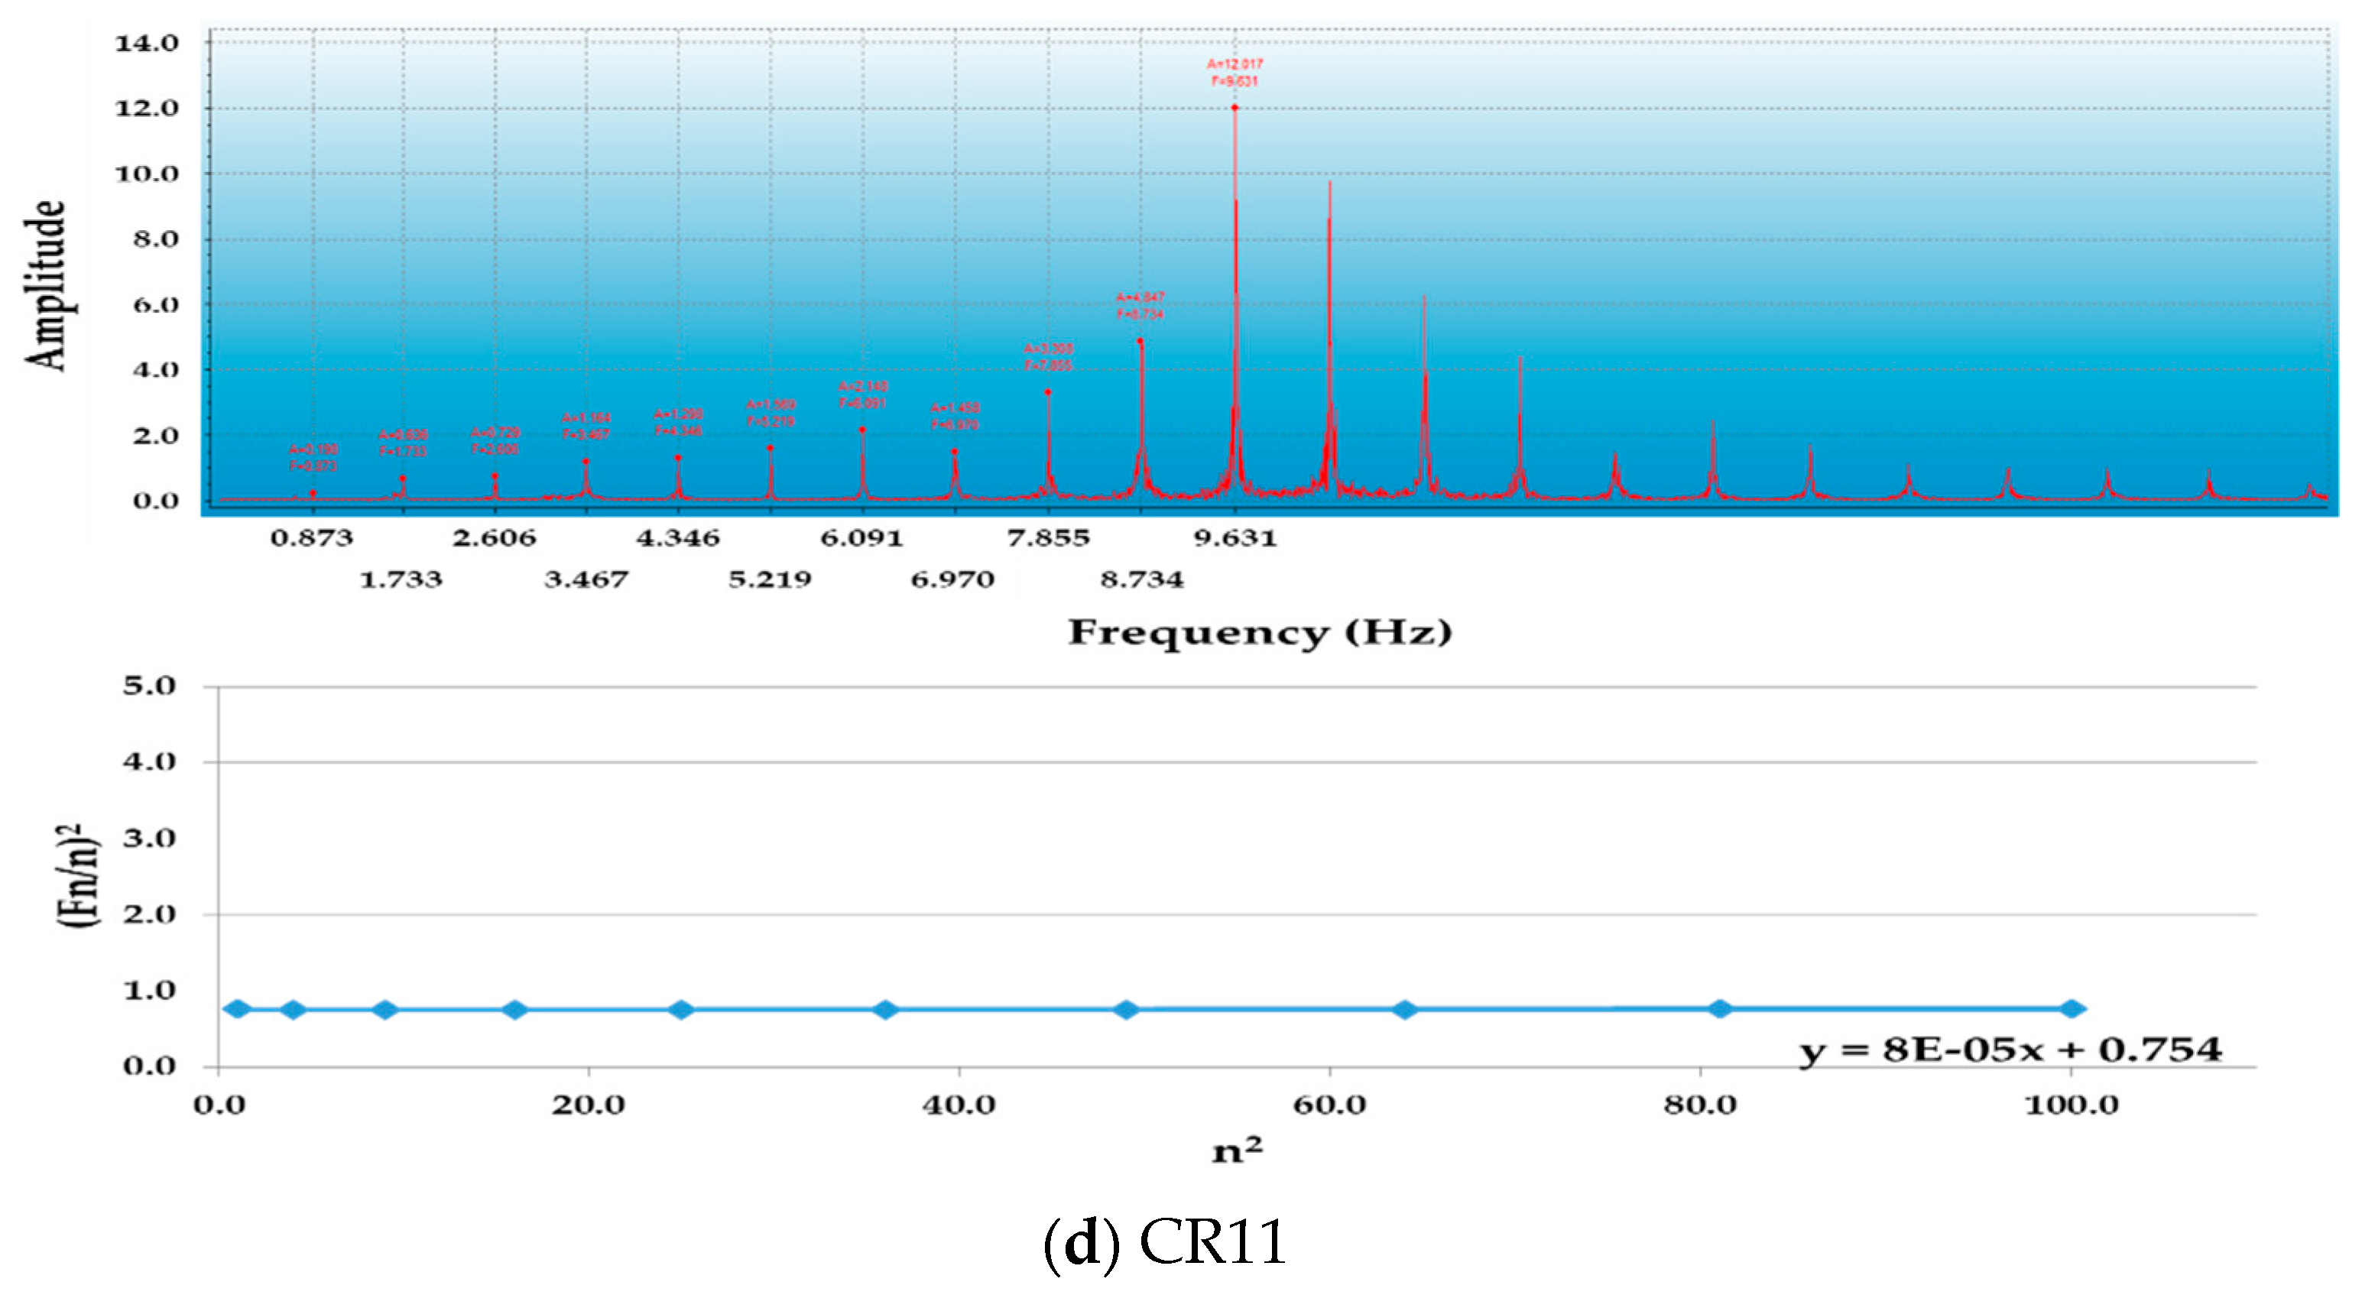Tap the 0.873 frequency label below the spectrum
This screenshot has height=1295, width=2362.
click(x=312, y=537)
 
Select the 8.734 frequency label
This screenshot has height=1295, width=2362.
click(x=1141, y=579)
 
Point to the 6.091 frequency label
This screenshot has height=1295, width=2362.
click(x=862, y=537)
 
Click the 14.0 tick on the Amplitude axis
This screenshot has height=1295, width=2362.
click(x=147, y=43)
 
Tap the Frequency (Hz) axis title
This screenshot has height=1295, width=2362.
click(x=1260, y=633)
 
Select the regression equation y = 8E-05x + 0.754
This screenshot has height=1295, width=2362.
click(x=2010, y=1049)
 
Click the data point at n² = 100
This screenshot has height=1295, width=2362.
click(x=2072, y=1009)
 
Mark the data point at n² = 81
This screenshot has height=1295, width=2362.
click(x=1720, y=1009)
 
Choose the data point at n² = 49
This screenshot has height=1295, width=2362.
click(x=1126, y=1010)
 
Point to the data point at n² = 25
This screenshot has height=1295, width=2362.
click(x=680, y=1010)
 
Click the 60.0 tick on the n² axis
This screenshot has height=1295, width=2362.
click(x=1329, y=1104)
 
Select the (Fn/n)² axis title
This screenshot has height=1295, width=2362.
click(x=77, y=876)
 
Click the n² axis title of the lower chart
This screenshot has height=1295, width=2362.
click(x=1237, y=1150)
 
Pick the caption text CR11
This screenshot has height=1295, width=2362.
click(x=1212, y=1244)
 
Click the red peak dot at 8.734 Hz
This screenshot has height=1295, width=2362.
click(x=1140, y=342)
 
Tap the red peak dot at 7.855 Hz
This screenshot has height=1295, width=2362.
click(x=1047, y=392)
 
